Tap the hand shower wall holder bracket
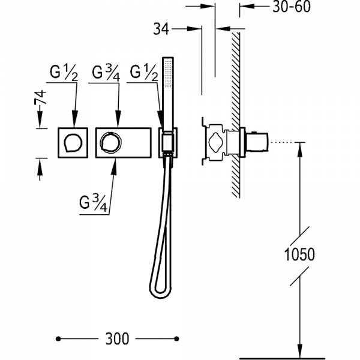pyautogui.click(x=167, y=145)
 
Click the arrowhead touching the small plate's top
pyautogui.click(x=74, y=124)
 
